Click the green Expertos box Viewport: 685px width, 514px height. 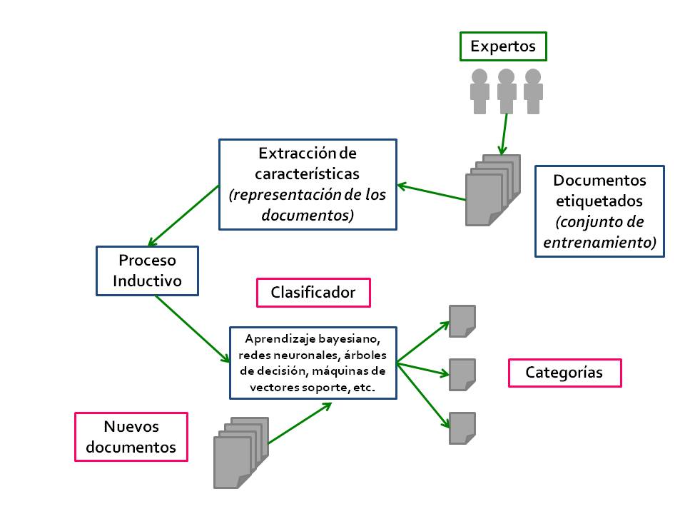503,47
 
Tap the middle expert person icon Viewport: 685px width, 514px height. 507,91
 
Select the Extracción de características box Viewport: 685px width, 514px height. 308,184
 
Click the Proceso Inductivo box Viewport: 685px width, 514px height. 147,271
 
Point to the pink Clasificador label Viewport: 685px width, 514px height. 313,292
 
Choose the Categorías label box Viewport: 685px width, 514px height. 564,373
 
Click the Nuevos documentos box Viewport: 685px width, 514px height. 131,437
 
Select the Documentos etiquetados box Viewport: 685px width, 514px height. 599,211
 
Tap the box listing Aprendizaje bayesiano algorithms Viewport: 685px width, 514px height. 313,363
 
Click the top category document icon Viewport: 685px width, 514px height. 462,321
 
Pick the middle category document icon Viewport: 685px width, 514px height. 462,374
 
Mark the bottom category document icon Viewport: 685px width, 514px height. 462,428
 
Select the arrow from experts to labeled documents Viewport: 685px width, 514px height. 504,134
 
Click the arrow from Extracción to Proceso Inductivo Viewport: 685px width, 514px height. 183,215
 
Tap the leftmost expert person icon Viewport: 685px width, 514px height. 479,91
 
